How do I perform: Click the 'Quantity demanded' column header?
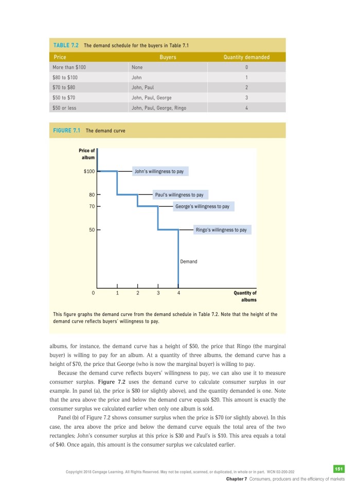click(x=246, y=57)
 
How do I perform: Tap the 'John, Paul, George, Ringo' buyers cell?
click(x=159, y=108)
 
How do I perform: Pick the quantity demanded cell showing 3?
click(x=247, y=98)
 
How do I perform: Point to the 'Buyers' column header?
click(x=168, y=57)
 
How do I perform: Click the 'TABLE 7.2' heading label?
click(x=65, y=45)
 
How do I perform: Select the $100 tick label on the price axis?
click(x=88, y=171)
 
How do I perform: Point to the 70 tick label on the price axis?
click(x=91, y=206)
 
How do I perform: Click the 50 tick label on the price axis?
click(x=91, y=230)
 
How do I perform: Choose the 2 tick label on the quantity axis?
click(x=138, y=293)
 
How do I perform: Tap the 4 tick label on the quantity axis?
click(x=178, y=293)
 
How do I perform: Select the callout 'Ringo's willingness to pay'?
click(x=222, y=230)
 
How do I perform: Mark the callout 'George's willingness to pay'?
click(x=202, y=206)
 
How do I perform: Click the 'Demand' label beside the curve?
click(x=189, y=261)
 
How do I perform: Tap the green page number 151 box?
click(x=338, y=468)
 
